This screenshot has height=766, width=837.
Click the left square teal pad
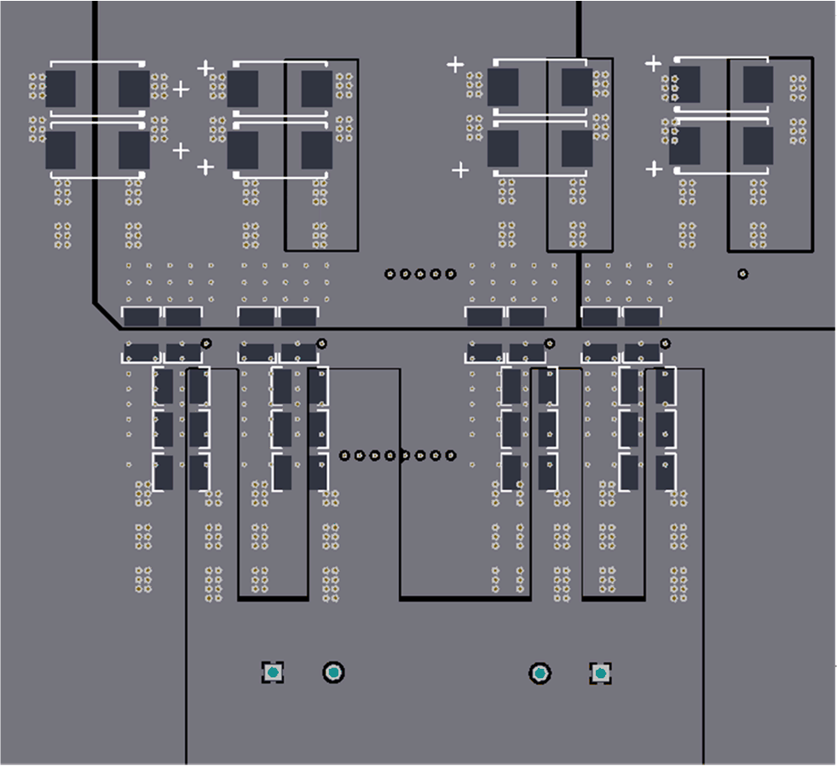pos(273,673)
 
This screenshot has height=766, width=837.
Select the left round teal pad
pos(334,673)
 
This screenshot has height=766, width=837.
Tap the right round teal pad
pos(540,674)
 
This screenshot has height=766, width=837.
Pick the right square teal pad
pos(601,674)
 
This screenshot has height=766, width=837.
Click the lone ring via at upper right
pos(743,274)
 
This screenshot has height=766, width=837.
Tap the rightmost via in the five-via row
pos(451,274)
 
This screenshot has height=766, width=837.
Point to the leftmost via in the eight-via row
pos(344,456)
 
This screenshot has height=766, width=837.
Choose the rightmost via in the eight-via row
pos(451,456)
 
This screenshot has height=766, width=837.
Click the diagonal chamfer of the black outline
pos(107,316)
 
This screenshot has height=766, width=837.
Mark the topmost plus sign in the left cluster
pos(205,67)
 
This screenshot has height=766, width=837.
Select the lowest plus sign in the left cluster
pos(205,167)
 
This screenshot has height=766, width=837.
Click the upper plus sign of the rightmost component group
pos(654,63)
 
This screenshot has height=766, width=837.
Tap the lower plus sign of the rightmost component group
pos(654,170)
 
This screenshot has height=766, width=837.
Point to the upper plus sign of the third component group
pos(456,65)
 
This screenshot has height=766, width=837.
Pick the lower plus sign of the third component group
pos(460,170)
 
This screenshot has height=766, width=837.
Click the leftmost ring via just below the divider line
pos(206,343)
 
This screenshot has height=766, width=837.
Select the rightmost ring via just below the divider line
pos(666,343)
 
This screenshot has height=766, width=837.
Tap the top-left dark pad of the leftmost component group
pos(61,87)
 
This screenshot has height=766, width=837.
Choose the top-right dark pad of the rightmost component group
pos(758,84)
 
